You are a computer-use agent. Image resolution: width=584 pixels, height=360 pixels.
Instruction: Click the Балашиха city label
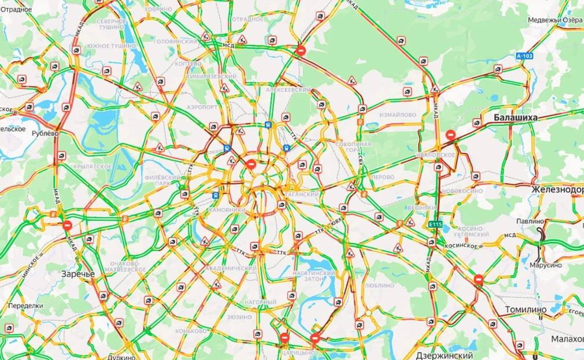[515, 117]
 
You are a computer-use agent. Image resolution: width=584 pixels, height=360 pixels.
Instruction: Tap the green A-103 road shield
[524, 56]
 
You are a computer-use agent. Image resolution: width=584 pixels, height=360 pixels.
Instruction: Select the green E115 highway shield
[435, 224]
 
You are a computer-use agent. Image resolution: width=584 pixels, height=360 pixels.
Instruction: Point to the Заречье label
[78, 273]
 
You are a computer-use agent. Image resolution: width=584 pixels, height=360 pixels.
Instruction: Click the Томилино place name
[526, 309]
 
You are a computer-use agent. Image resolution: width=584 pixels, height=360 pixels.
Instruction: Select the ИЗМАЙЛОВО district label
[397, 115]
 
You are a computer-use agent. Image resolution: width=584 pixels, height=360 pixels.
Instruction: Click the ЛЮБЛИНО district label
[379, 285]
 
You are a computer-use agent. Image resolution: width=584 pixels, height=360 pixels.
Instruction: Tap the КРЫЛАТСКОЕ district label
[93, 166]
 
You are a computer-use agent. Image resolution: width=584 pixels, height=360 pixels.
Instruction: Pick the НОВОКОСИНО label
[462, 191]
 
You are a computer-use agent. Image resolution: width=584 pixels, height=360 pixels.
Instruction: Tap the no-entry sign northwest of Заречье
[68, 225]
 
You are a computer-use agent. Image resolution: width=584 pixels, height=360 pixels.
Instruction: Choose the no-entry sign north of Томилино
[479, 279]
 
